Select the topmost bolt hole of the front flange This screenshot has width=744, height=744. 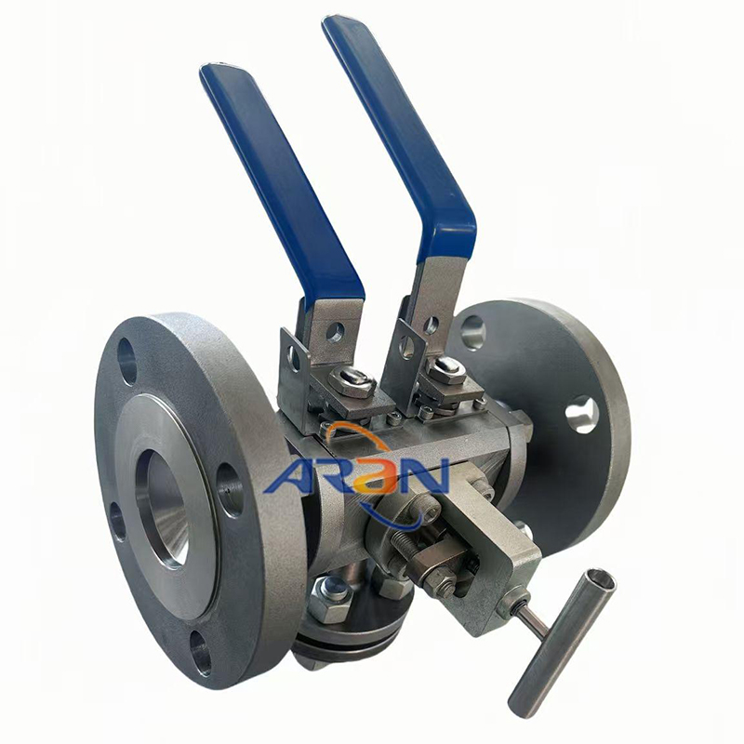(126, 362)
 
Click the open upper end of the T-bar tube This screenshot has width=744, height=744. (600, 578)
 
